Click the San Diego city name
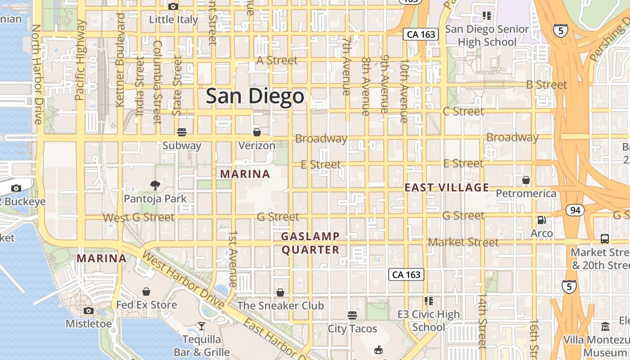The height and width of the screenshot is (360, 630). click(x=255, y=97)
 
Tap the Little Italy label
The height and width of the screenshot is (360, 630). click(x=173, y=20)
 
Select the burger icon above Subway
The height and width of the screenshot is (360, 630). click(x=182, y=132)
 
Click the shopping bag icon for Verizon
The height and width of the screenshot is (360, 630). click(x=256, y=132)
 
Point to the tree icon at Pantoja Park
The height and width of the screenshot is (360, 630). click(x=155, y=185)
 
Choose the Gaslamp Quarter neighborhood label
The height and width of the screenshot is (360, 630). click(x=310, y=243)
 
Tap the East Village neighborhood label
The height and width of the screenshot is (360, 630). click(x=446, y=188)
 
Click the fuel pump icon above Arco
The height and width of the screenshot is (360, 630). click(x=541, y=220)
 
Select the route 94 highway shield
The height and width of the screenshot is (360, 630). click(x=575, y=210)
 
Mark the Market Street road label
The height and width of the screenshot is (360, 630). click(x=463, y=242)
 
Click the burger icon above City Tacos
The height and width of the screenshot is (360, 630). click(x=352, y=315)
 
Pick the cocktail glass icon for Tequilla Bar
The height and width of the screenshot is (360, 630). click(x=201, y=326)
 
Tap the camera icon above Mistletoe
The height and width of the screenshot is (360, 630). click(x=89, y=310)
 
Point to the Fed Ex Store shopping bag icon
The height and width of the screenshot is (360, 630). click(x=146, y=292)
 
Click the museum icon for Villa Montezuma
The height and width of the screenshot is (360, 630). click(x=605, y=326)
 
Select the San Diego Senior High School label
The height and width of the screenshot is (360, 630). click(x=487, y=36)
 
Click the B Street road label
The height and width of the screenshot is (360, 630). click(x=546, y=85)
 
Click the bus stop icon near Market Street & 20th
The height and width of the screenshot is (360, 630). click(x=604, y=239)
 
